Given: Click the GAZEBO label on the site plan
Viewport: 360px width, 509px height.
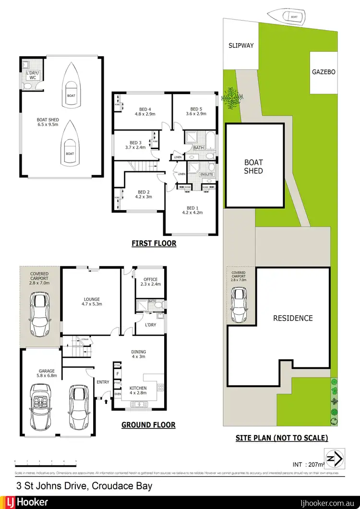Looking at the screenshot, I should pyautogui.click(x=324, y=72).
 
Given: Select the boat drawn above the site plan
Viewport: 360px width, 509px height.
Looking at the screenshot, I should pyautogui.click(x=291, y=16).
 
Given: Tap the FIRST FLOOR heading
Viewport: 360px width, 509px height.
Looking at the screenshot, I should pyautogui.click(x=154, y=244).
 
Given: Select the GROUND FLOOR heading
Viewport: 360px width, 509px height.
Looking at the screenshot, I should pyautogui.click(x=148, y=425).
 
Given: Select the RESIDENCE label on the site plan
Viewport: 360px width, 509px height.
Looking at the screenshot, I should pyautogui.click(x=293, y=318).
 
